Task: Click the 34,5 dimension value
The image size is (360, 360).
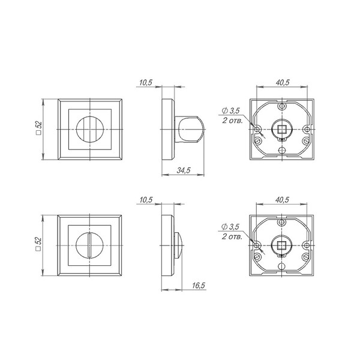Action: (x=184, y=170)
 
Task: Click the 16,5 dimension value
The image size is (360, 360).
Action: (x=199, y=286)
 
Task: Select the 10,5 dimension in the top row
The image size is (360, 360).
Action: (x=146, y=82)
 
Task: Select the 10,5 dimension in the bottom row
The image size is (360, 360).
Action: (x=146, y=200)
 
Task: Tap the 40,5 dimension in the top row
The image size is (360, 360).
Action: (x=283, y=82)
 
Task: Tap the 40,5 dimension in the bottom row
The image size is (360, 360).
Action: (x=282, y=200)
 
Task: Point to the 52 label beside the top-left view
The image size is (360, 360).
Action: (x=39, y=128)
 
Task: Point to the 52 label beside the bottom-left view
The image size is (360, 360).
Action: (x=38, y=244)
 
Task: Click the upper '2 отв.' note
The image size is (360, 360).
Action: (x=232, y=121)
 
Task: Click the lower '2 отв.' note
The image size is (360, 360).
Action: (x=232, y=236)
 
